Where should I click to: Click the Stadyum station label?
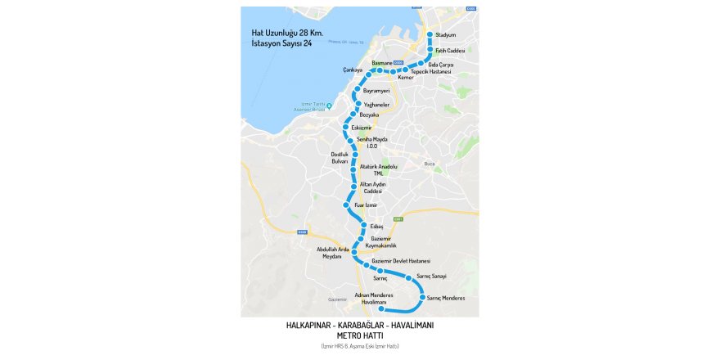pyautogui.click(x=445, y=35)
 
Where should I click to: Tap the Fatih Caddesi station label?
pyautogui.click(x=450, y=51)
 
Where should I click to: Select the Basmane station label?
pyautogui.click(x=382, y=63)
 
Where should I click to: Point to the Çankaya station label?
pyautogui.click(x=352, y=70)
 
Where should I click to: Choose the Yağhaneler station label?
pyautogui.click(x=376, y=105)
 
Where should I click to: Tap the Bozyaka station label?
pyautogui.click(x=370, y=115)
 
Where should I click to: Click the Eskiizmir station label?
pyautogui.click(x=362, y=128)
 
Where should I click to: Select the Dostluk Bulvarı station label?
pyautogui.click(x=340, y=158)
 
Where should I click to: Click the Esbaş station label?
pyautogui.click(x=376, y=225)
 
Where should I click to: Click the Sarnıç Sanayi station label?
pyautogui.click(x=431, y=277)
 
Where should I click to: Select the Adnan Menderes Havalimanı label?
pyautogui.click(x=375, y=298)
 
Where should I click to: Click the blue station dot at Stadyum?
pyautogui.click(x=430, y=35)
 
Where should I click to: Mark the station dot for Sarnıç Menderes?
pyautogui.click(x=423, y=298)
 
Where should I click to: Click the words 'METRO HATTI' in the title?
pyautogui.click(x=360, y=335)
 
